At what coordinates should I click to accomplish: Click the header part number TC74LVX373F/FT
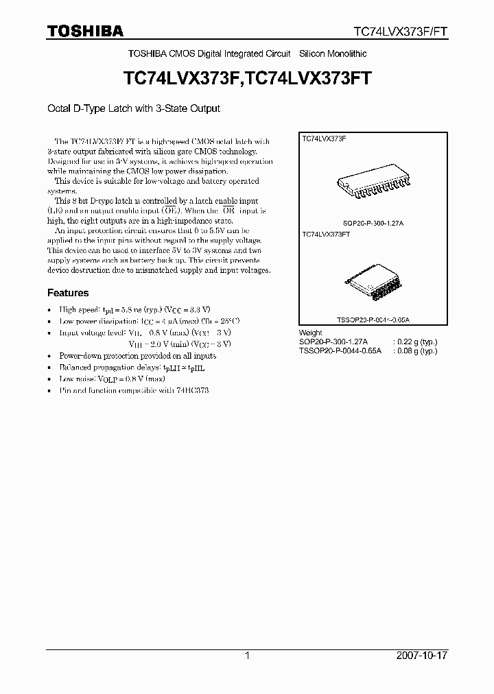pos(400,32)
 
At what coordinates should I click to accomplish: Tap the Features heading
pos(68,293)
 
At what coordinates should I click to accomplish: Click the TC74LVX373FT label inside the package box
pos(327,235)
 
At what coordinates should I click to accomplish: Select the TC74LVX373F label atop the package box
pos(325,139)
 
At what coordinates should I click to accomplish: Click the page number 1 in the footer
pos(247,656)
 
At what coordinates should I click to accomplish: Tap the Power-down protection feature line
pos(137,356)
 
